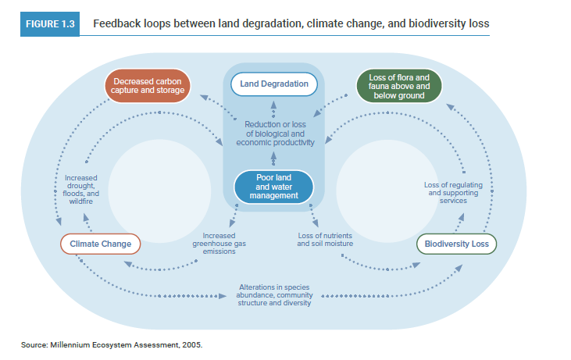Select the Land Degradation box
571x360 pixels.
(x=273, y=84)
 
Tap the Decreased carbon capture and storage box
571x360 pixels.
(x=148, y=86)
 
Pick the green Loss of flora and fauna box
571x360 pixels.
(x=399, y=86)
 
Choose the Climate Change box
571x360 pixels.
(x=100, y=244)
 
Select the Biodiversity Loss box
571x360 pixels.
(x=456, y=244)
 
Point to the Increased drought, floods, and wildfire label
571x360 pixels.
(x=81, y=189)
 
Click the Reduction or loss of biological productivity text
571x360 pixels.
(x=274, y=134)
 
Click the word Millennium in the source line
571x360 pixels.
(x=70, y=344)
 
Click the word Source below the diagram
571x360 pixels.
(x=34, y=344)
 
